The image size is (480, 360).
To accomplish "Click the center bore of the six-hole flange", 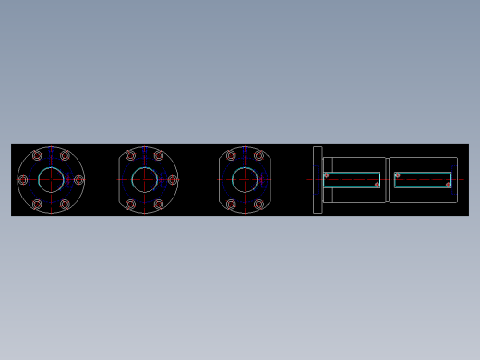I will [x=51, y=180].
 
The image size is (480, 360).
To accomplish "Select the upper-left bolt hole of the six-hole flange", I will [x=37, y=156].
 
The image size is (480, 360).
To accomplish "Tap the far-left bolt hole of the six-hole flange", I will [x=23, y=180].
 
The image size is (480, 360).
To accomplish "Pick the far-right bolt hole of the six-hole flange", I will [x=78, y=180].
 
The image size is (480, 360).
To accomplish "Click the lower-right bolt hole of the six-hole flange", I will [x=65, y=204].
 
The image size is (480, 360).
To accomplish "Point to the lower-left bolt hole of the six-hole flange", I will [x=37, y=204].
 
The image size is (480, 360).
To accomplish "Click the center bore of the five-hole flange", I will [x=145, y=180].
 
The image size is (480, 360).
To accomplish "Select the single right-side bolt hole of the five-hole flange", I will [x=173, y=180].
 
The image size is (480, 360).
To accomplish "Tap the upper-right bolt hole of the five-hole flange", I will [x=159, y=156].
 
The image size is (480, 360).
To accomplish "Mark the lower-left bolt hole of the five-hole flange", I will [x=130, y=204].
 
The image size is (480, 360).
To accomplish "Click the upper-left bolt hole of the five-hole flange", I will [x=130, y=156].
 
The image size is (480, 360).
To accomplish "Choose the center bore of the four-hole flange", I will [x=245, y=180].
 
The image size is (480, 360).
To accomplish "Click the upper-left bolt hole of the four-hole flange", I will [x=231, y=156].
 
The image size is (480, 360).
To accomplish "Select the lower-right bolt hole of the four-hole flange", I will [x=258, y=204].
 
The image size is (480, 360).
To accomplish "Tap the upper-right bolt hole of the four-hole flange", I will [x=258, y=156].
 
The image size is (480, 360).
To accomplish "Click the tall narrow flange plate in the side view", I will [x=318, y=180].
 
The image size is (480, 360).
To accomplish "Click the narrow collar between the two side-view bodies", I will [x=387, y=180].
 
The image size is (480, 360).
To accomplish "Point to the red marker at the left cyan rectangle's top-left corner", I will [x=326, y=175].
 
